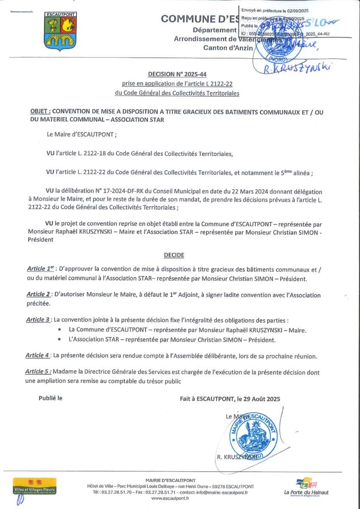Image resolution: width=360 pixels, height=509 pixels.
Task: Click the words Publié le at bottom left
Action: tap(50, 398)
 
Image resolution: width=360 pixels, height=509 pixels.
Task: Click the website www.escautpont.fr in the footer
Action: tap(170, 498)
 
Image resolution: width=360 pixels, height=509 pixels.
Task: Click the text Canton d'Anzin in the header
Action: tap(228, 48)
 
